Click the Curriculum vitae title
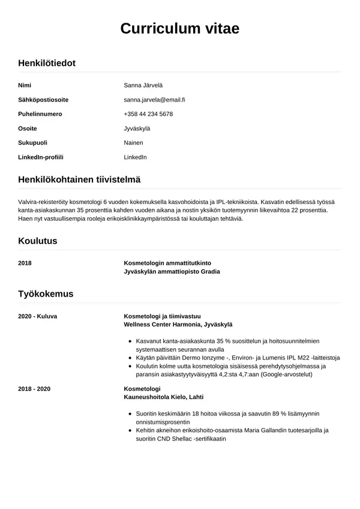tap(180, 28)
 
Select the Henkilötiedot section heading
tap(47, 63)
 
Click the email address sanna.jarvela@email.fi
tap(154, 100)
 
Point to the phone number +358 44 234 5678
tap(148, 114)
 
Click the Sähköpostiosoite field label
tap(43, 100)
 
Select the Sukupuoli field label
tap(33, 143)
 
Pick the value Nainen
tap(133, 143)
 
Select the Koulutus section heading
tap(38, 241)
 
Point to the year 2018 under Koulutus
tap(25, 264)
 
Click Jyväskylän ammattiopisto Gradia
tap(172, 272)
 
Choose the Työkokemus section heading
tap(46, 294)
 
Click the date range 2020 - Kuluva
tap(38, 316)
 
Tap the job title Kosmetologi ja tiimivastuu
tap(162, 316)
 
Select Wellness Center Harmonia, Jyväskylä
tap(178, 324)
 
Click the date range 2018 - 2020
tap(34, 389)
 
